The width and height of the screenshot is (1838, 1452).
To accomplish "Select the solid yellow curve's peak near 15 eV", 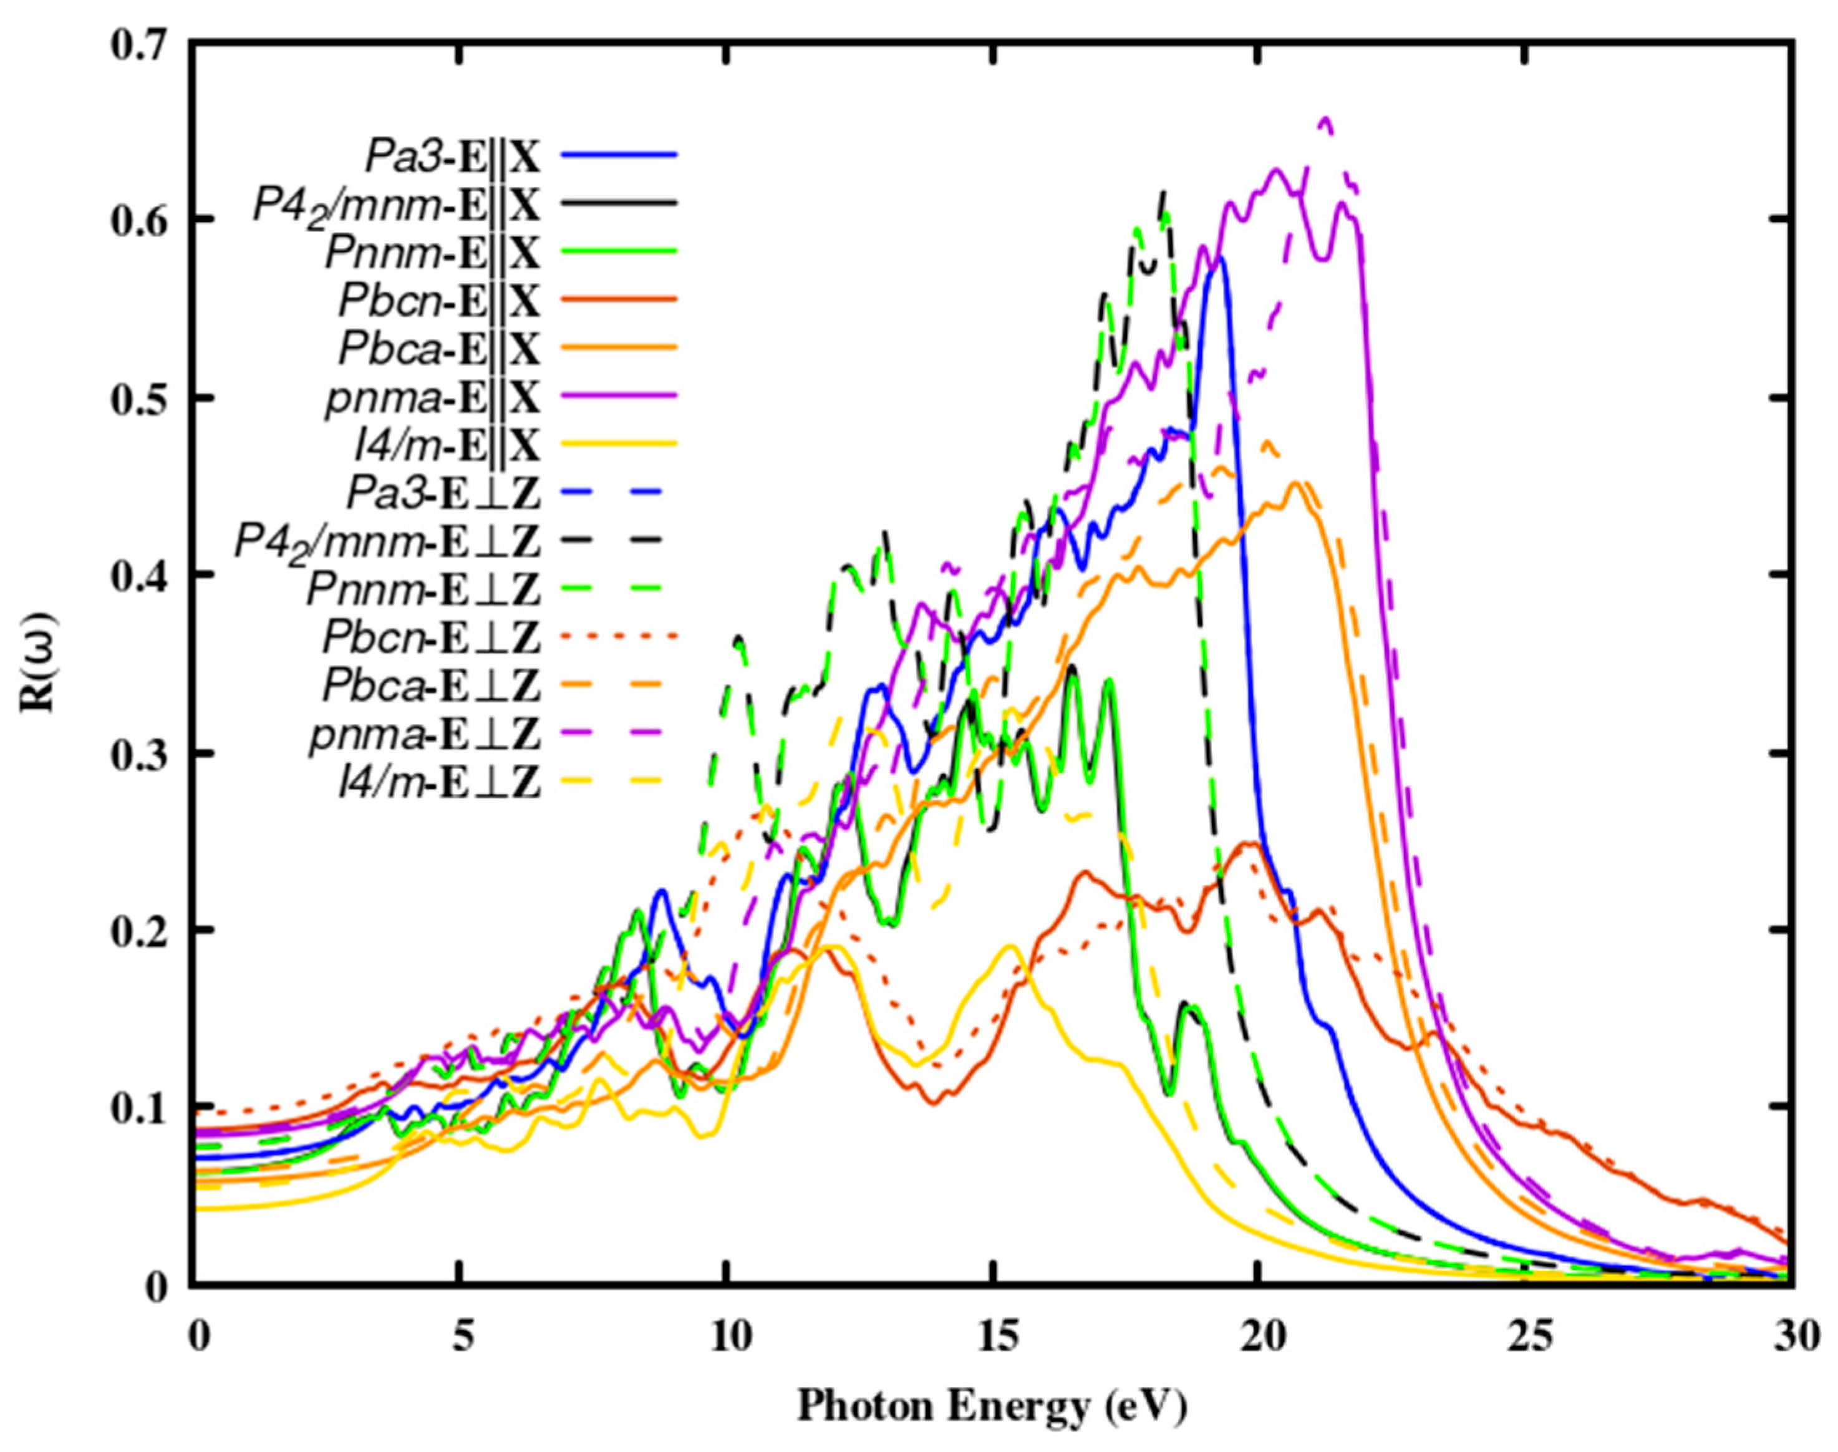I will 1011,946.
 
